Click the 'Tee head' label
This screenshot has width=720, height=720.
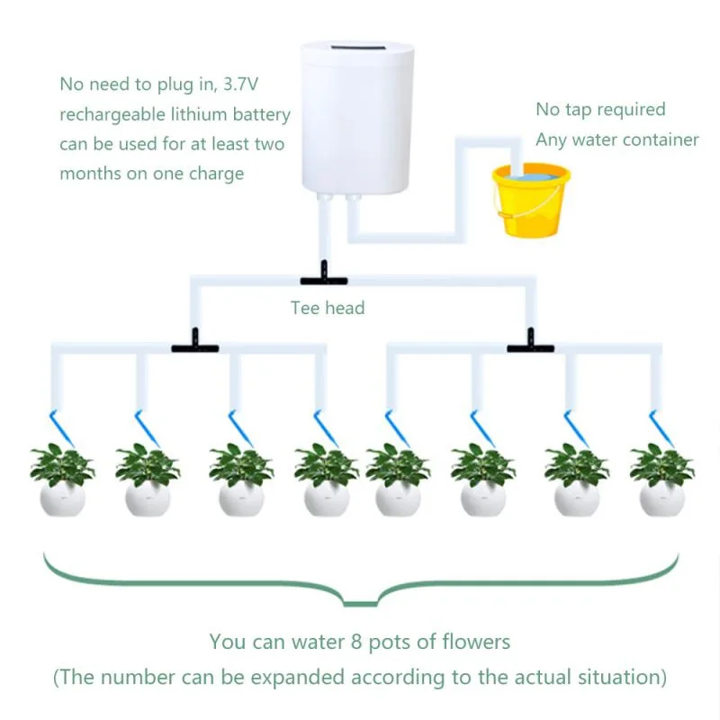(x=328, y=308)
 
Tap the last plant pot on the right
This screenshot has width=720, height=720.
(x=661, y=497)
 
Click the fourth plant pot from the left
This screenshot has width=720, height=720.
(x=327, y=497)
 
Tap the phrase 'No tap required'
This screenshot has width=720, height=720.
(x=600, y=110)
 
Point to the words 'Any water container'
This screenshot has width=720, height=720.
(x=617, y=139)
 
